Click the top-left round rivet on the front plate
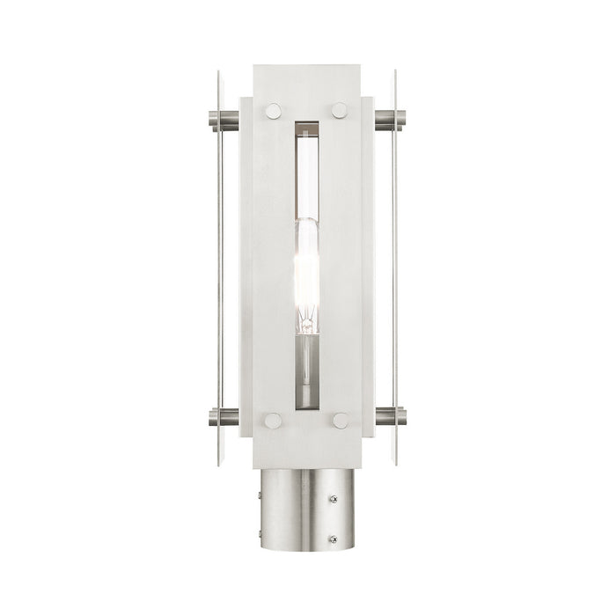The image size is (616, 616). tap(274, 110)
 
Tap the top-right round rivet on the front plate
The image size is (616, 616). tap(340, 110)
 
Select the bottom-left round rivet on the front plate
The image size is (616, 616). tap(274, 421)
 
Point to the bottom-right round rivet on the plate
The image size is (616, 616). tap(340, 421)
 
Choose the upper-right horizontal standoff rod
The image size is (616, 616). tap(386, 120)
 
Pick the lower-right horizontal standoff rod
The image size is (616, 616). tap(386, 414)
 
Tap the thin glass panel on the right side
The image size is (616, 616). tap(397, 264)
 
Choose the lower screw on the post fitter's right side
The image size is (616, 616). tap(333, 539)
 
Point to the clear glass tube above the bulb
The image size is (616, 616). tap(307, 176)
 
